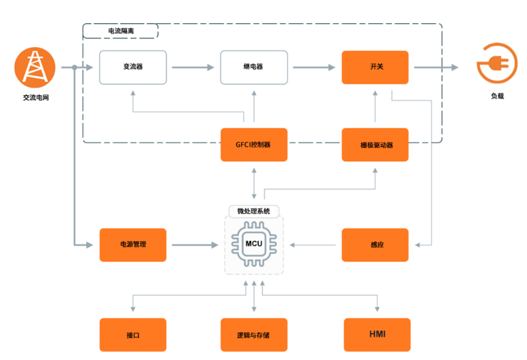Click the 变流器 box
point(133,67)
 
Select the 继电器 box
point(253,67)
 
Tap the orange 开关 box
point(375,67)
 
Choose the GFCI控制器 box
point(253,145)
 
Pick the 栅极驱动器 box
point(375,145)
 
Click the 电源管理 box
point(133,245)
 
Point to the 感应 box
point(375,245)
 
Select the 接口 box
point(133,335)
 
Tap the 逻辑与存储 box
point(253,335)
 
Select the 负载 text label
point(497,96)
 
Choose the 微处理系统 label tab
point(253,211)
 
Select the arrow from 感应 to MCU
point(314,245)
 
